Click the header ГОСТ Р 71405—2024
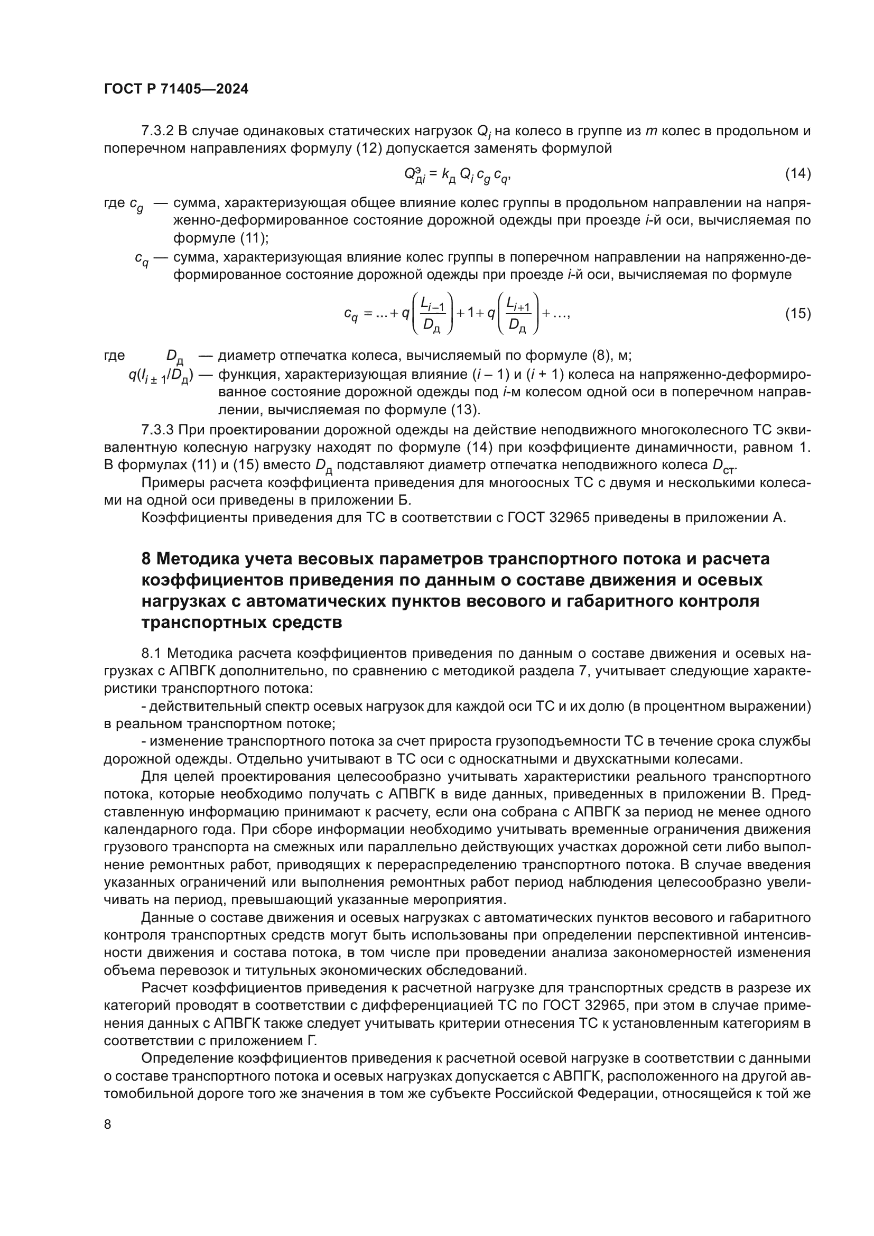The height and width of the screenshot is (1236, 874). [176, 89]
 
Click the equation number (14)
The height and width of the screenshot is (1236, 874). [797, 173]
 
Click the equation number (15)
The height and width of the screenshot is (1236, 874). [797, 313]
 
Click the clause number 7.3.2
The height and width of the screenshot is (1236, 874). [157, 131]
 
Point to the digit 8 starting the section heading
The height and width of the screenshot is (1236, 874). [146, 559]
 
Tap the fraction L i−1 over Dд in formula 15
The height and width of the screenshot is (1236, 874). [432, 314]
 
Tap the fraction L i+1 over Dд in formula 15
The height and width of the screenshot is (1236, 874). [518, 314]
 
